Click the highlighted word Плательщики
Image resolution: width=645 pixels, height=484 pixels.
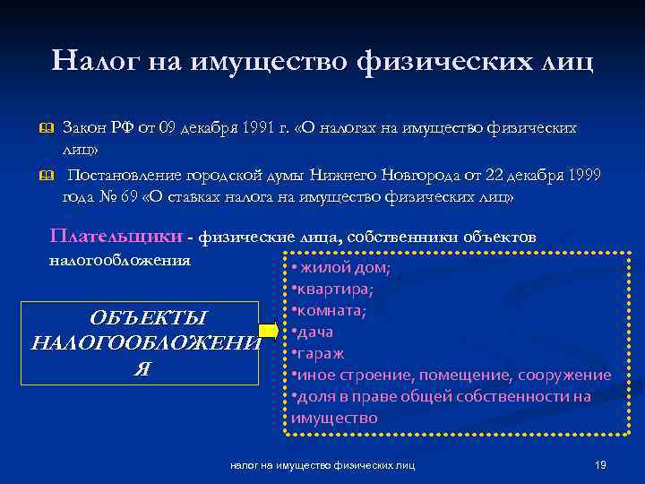click(x=116, y=237)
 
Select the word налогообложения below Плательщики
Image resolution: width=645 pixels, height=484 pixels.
click(x=118, y=261)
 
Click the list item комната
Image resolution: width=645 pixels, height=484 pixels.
click(x=331, y=311)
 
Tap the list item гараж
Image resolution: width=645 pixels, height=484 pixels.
click(x=320, y=354)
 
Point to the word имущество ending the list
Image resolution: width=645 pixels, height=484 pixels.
click(x=334, y=418)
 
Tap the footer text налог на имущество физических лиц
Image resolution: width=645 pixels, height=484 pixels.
click(x=329, y=465)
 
